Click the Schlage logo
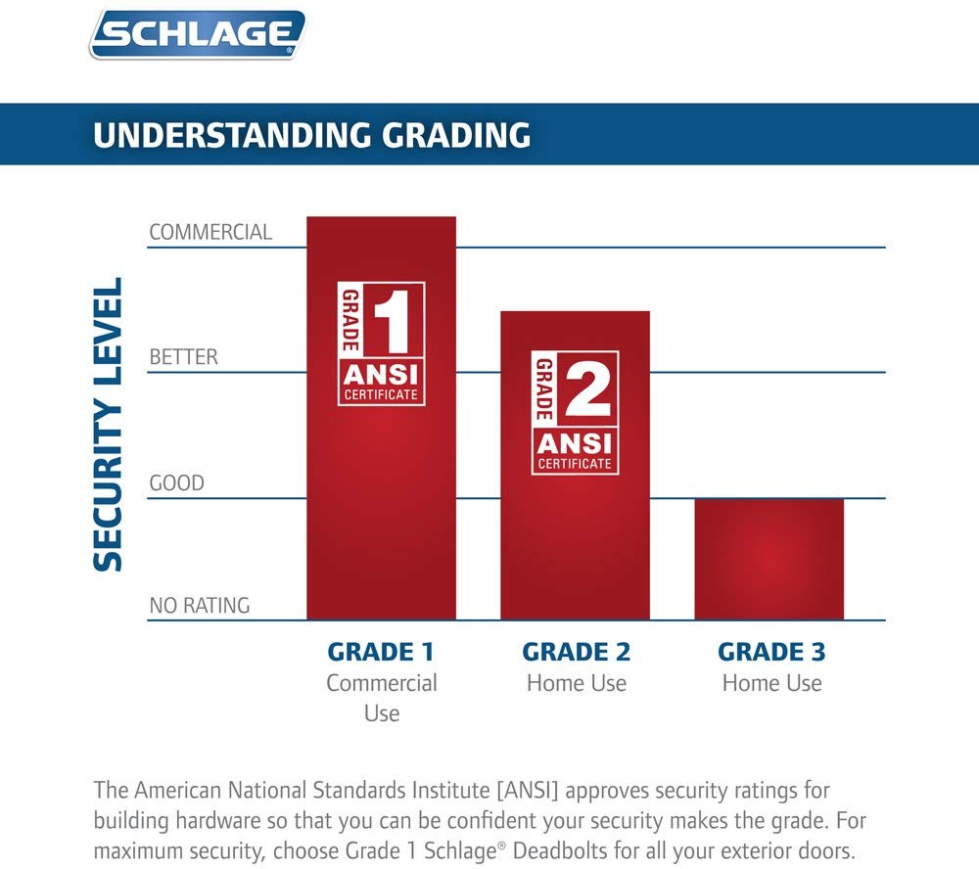click(x=198, y=35)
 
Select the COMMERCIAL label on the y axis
click(x=210, y=233)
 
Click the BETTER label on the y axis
click(x=183, y=358)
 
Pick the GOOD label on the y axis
click(x=176, y=483)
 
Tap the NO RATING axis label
click(x=199, y=606)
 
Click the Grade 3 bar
click(x=769, y=559)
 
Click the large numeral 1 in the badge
click(x=391, y=319)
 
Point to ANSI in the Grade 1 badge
click(x=382, y=375)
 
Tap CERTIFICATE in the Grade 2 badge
click(x=576, y=463)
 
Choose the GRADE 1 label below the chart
click(x=380, y=652)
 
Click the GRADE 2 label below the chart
click(x=576, y=652)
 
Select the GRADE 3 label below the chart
click(x=771, y=652)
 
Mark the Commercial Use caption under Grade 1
click(x=381, y=697)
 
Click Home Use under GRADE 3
click(x=771, y=683)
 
